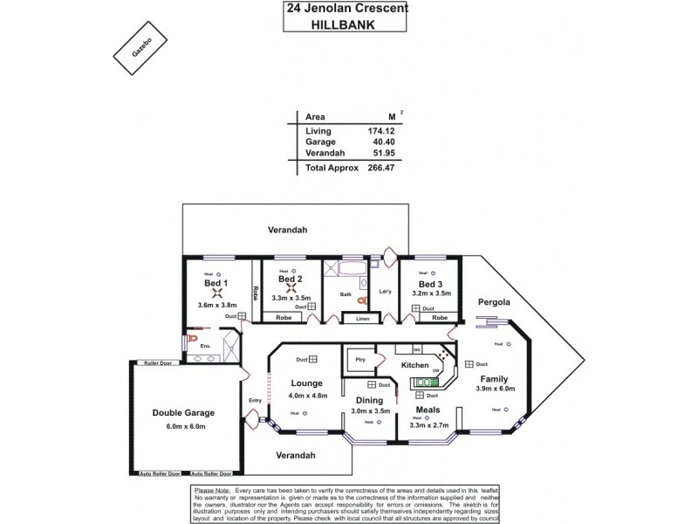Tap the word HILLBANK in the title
point(345,25)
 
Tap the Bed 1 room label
point(215,284)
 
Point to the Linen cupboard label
point(361,320)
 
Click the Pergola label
point(493,301)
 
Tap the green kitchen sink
point(426,382)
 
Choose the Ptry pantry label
point(359,360)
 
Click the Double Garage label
point(182,413)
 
